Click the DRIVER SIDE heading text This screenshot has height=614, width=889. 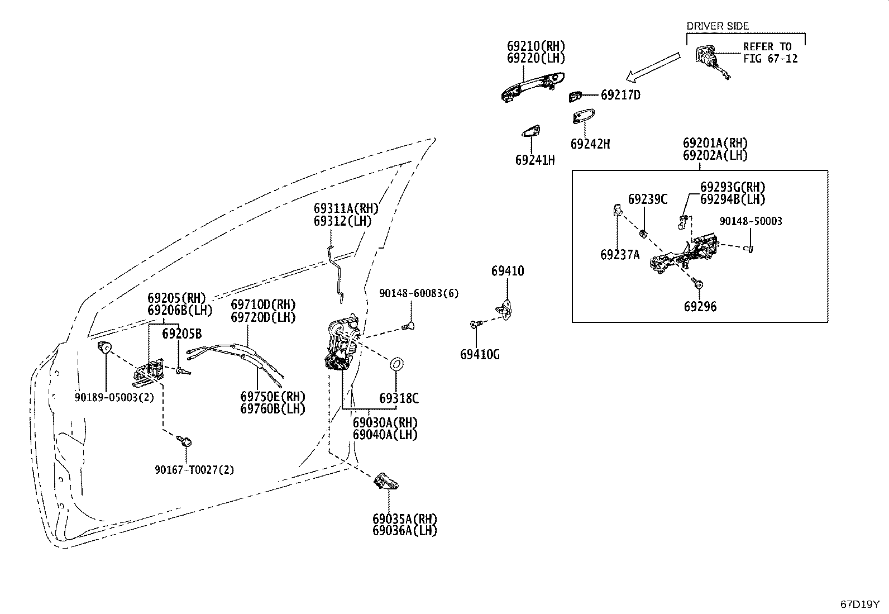click(718, 26)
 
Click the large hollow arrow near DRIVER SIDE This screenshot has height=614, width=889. click(653, 66)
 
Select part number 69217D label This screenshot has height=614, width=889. click(621, 96)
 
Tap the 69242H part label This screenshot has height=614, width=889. click(590, 144)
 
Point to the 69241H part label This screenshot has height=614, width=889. click(535, 160)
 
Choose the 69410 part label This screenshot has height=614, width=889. click(508, 271)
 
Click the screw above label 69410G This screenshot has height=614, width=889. click(476, 325)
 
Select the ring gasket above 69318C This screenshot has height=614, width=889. click(397, 364)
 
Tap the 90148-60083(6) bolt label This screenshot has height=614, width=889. click(419, 293)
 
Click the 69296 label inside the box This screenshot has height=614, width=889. click(700, 307)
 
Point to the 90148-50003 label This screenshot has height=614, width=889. click(751, 221)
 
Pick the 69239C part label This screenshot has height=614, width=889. click(648, 199)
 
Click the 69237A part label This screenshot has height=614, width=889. click(620, 255)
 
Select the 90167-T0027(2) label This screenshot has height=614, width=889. click(194, 470)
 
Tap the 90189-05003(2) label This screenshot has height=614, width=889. click(114, 398)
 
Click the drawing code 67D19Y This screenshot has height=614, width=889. click(859, 605)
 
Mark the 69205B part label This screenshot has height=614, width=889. click(182, 334)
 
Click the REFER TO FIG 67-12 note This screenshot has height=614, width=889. click(770, 53)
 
